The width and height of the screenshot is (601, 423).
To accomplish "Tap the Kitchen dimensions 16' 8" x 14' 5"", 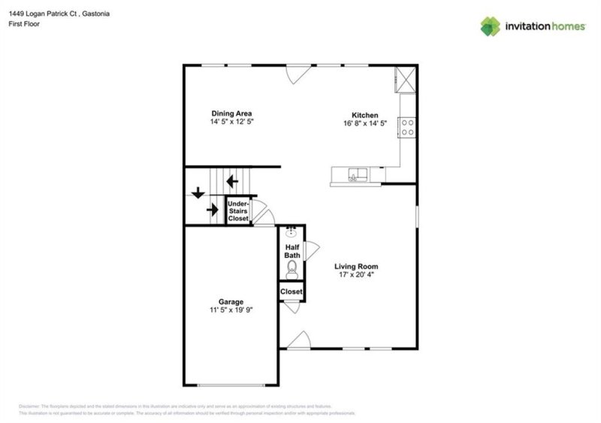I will point(364,123).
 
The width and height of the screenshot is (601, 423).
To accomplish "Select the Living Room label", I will point(356,266).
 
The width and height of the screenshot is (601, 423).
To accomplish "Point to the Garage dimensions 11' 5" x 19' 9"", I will point(231,310).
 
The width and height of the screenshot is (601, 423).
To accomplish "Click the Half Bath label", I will point(291,251).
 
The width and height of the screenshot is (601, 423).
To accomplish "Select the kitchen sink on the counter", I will point(358,176).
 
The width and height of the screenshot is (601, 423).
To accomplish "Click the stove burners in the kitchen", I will point(408,127).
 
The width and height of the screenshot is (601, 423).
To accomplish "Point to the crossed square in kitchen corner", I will point(406,79).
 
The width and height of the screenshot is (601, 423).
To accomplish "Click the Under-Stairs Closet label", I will point(238,211).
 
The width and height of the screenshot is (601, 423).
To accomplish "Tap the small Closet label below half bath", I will point(291,292).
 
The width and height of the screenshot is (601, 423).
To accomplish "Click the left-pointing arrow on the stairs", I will point(233,181).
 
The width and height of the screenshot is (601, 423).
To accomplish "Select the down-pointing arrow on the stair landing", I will point(198,193).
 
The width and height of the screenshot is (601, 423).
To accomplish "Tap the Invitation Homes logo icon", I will point(491,26).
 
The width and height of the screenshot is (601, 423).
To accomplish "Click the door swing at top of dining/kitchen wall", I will point(297,73).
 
